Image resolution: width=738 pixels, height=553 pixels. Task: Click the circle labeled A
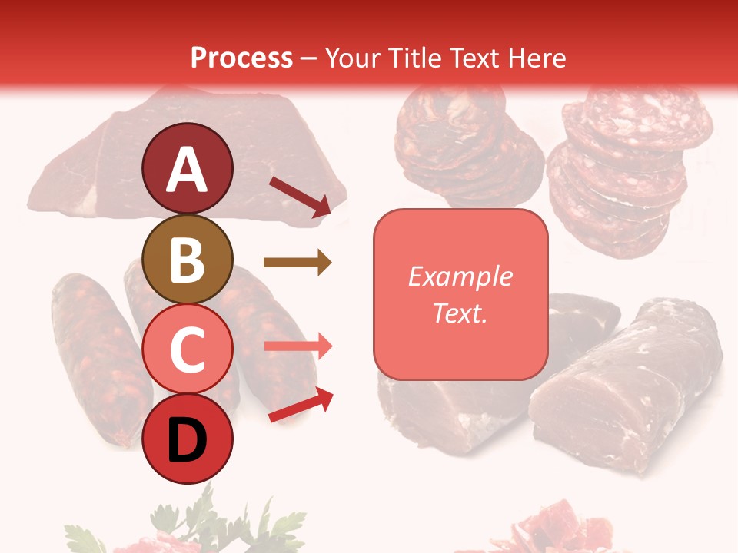[x=188, y=168]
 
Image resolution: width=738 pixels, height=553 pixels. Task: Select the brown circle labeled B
[x=188, y=259]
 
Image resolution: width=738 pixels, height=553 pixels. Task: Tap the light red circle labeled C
[x=188, y=349]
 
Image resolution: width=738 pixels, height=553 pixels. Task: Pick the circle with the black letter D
[x=188, y=439]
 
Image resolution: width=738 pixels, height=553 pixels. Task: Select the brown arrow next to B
[x=297, y=263]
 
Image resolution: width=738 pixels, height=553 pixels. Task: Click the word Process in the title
[x=241, y=58]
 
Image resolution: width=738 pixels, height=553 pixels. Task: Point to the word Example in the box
[x=460, y=276]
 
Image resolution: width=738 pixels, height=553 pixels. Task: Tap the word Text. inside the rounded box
[x=460, y=313]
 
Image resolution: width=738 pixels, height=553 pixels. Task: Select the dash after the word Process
[x=308, y=58]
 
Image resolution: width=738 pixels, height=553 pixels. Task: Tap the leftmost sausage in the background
[x=92, y=353]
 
